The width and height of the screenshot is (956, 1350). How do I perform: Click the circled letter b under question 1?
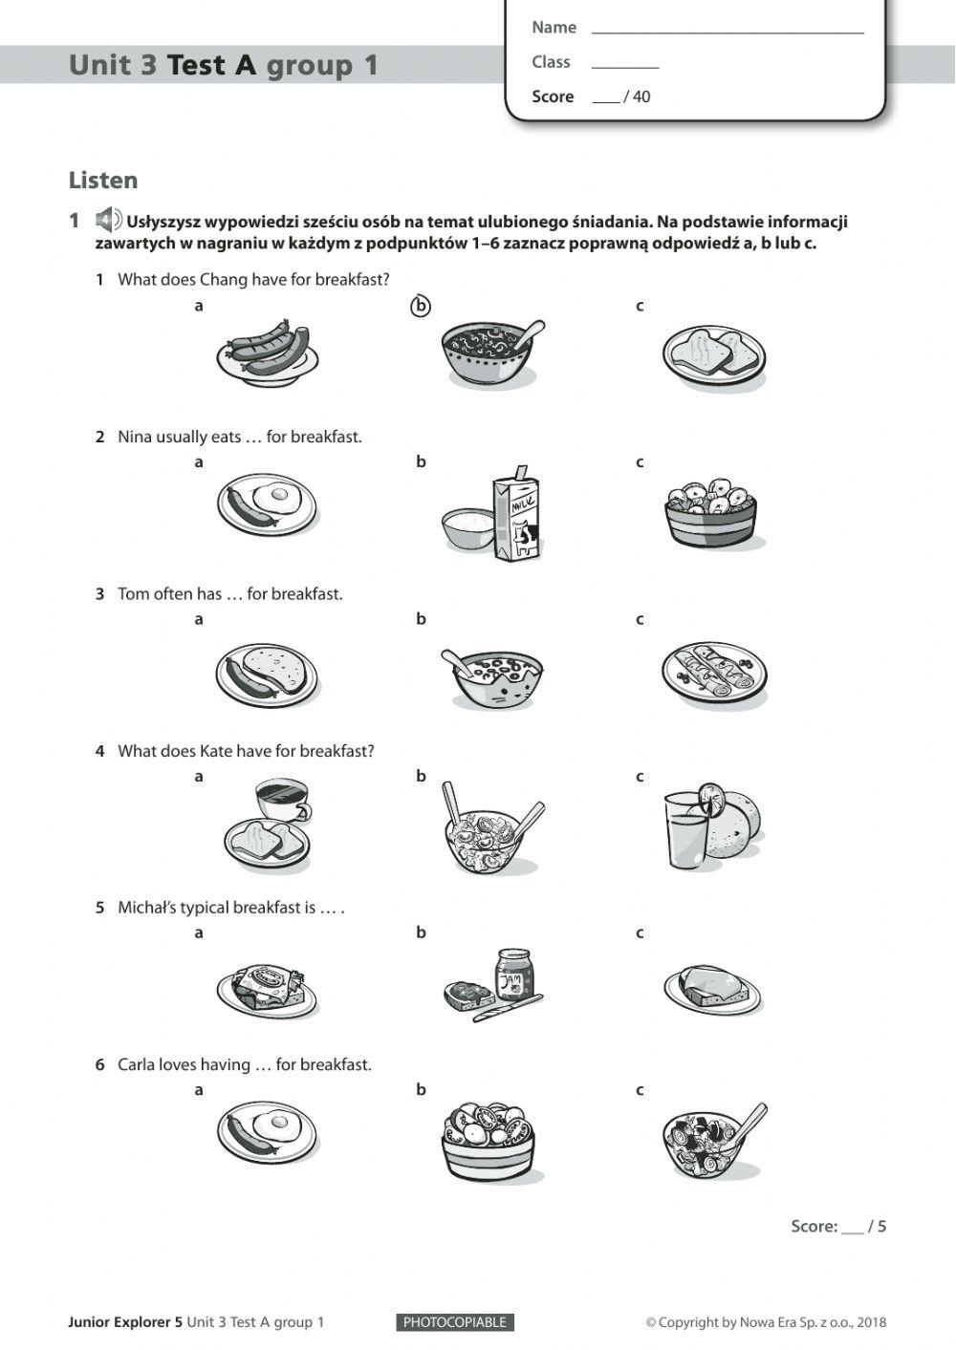[421, 306]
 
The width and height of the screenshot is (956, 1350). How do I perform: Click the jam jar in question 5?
[514, 975]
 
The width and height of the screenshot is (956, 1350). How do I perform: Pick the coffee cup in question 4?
[281, 799]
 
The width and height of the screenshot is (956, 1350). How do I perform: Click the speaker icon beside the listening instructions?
[108, 221]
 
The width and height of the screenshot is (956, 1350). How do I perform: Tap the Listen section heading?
[103, 181]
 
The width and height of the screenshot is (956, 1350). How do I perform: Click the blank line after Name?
[727, 29]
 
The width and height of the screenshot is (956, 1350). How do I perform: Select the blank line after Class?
[625, 63]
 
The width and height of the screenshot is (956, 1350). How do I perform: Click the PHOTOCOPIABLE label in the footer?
[454, 1322]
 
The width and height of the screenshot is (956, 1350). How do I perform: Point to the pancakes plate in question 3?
[713, 673]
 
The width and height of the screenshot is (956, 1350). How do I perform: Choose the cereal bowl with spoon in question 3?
[491, 676]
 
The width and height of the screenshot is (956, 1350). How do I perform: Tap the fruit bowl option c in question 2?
[710, 513]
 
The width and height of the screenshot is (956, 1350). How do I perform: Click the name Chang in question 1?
[221, 279]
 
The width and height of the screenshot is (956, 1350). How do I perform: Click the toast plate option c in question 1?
[713, 357]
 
